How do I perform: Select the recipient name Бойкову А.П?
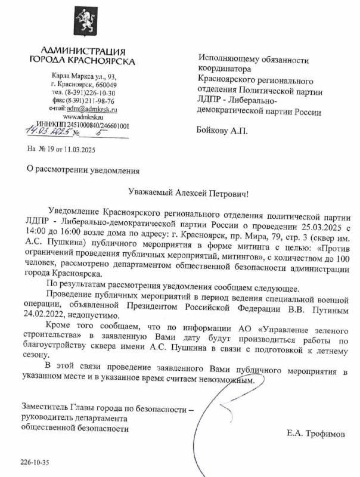pos(221,131)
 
